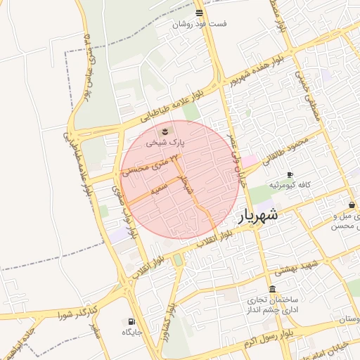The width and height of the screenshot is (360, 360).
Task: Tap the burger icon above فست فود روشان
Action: [x=200, y=13]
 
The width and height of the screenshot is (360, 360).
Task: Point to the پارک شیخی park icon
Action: [x=165, y=131]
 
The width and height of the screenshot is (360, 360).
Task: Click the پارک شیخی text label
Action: [x=165, y=141]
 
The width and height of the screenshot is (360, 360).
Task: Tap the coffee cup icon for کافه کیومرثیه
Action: [x=290, y=174]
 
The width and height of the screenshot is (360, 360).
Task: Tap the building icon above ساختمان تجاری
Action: [x=272, y=290]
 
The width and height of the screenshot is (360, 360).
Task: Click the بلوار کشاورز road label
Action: [x=170, y=322]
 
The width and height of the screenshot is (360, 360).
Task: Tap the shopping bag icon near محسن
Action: [x=352, y=205]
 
